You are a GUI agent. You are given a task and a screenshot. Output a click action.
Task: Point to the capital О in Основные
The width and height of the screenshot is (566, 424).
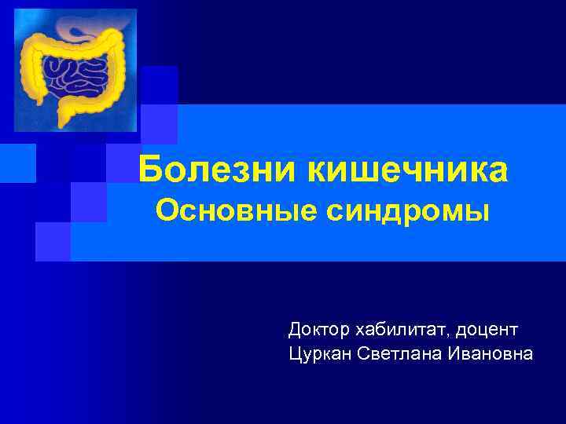coord(165,210)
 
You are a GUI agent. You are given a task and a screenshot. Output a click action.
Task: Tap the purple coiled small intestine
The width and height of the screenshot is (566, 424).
coord(74,75)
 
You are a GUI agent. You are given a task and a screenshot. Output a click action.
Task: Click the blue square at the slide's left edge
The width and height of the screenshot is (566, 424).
coord(17,163)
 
